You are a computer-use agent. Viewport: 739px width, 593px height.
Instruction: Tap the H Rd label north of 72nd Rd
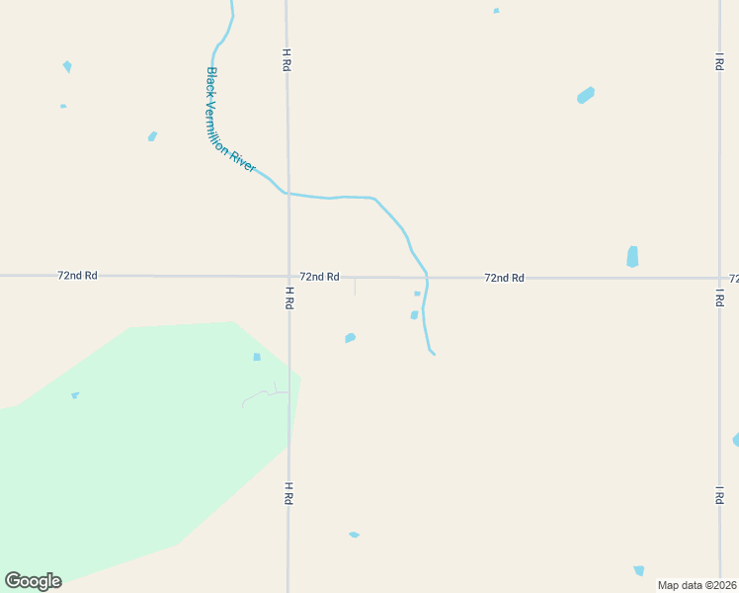(x=286, y=59)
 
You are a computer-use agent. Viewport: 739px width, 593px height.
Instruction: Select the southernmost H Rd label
(x=288, y=493)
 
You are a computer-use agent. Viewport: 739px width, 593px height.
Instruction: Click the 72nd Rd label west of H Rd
(x=77, y=276)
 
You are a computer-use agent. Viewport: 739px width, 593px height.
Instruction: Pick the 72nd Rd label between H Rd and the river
(x=319, y=277)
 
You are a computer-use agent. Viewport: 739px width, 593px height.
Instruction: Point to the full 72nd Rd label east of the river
(x=504, y=278)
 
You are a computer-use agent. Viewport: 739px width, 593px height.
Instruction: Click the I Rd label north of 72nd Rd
(x=719, y=61)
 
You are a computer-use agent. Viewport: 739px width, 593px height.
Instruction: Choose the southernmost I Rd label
(x=719, y=495)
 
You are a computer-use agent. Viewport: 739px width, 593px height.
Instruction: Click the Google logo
(x=33, y=581)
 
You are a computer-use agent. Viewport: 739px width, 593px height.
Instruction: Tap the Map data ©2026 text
(x=698, y=585)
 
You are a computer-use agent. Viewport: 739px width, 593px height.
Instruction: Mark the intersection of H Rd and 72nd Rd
(x=288, y=277)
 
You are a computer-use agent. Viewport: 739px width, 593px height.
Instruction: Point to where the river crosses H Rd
(x=287, y=193)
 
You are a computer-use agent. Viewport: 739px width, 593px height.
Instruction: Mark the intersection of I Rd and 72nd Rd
(x=719, y=279)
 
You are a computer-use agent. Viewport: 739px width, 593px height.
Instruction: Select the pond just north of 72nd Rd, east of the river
(x=632, y=257)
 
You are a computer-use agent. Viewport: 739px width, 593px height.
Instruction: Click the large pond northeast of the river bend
(x=586, y=95)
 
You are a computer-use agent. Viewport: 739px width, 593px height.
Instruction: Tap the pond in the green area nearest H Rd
(x=257, y=357)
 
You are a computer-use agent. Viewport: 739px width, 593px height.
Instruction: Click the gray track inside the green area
(x=259, y=396)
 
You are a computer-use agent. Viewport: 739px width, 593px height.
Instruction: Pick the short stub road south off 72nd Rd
(x=355, y=287)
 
